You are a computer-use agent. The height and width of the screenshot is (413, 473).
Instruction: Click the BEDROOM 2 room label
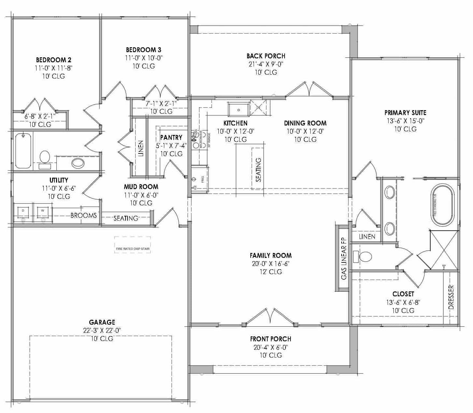(53, 60)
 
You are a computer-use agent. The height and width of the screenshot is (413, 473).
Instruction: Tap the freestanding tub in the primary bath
(443, 205)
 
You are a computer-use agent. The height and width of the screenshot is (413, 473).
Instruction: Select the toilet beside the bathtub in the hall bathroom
(44, 157)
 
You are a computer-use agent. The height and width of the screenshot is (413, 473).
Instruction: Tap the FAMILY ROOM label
(271, 256)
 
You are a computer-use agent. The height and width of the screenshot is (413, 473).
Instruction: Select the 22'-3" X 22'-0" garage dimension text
(102, 331)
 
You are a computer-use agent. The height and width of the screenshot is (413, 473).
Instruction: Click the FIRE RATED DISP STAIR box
(132, 245)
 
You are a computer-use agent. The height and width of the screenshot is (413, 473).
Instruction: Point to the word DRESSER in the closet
(451, 297)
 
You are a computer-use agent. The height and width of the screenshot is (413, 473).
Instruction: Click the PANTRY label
(171, 138)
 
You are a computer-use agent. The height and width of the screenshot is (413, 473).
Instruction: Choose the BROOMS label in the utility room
(83, 215)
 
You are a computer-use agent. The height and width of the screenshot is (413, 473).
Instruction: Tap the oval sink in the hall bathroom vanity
(78, 163)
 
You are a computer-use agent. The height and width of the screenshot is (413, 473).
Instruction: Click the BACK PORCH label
(266, 56)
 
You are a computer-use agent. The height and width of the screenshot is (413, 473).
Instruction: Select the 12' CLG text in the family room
(271, 272)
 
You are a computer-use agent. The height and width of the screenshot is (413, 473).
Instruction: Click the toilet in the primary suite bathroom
(364, 257)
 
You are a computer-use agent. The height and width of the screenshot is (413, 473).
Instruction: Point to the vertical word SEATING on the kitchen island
(259, 170)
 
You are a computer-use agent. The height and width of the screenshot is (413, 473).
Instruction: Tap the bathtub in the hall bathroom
(23, 151)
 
